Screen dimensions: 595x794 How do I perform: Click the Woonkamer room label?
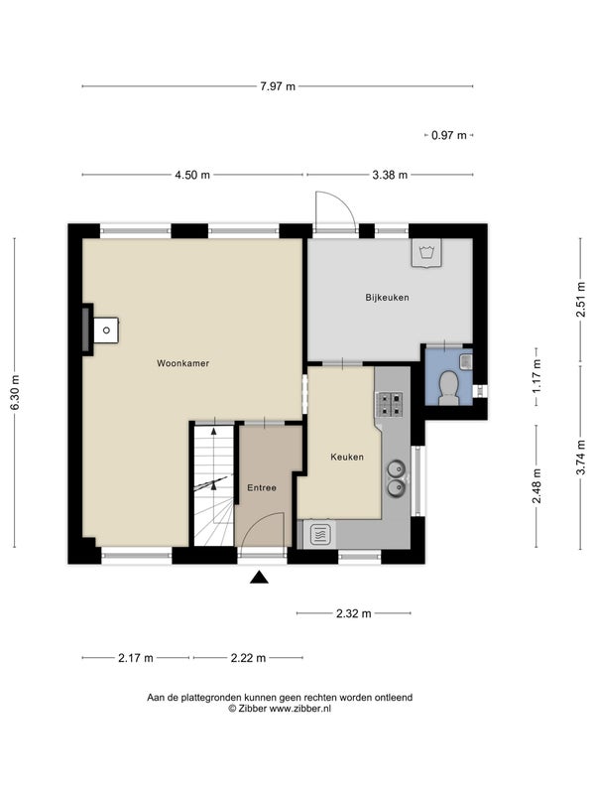pos(182,363)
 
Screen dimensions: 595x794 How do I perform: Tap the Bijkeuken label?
pos(387,297)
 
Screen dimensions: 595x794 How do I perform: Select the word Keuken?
pos(347,457)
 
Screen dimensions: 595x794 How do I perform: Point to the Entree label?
pos(262,487)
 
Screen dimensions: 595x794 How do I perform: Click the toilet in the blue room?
pos(448,388)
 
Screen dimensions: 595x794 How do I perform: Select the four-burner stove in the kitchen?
pos(389,404)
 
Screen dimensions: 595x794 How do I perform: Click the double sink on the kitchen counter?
pos(396,477)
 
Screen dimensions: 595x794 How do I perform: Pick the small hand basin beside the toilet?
pos(466,361)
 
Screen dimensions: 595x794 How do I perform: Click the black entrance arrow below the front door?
pos(259,577)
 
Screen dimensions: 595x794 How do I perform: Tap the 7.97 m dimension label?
pos(278,86)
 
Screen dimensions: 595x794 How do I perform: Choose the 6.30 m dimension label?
pos(14,393)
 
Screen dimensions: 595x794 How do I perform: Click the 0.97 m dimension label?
pos(449,135)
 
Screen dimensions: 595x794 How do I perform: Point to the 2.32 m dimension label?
pos(354,613)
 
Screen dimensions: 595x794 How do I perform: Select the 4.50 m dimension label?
pos(192,175)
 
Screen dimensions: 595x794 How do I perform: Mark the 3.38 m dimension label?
pos(390,175)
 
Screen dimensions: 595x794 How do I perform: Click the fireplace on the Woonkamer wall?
pos(100,330)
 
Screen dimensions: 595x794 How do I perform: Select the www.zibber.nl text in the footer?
pos(300,709)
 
